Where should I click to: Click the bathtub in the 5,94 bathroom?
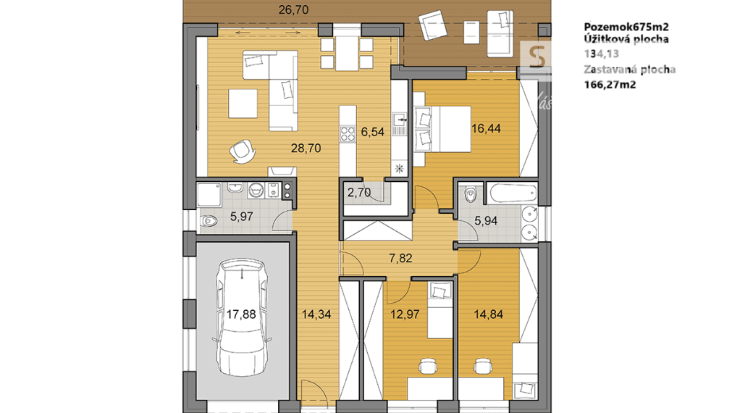tap(513, 194)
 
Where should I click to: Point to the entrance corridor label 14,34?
tap(316, 314)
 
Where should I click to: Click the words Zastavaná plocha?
tap(629, 70)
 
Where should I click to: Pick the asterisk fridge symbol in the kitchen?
tap(398, 168)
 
